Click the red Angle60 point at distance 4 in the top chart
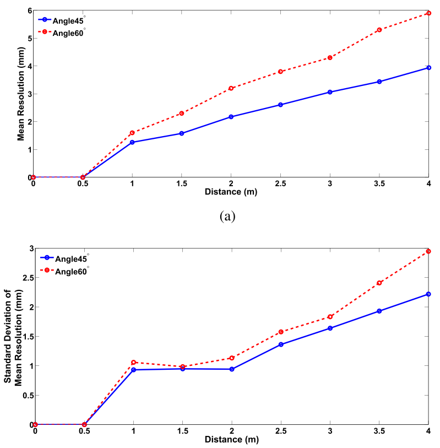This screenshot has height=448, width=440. (x=428, y=13)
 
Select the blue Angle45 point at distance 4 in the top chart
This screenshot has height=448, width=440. (x=428, y=68)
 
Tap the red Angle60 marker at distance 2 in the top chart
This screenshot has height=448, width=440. (x=231, y=88)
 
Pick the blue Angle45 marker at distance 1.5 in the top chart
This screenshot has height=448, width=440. (x=181, y=133)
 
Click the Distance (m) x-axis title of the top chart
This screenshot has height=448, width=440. (x=231, y=192)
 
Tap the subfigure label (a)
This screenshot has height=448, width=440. (x=227, y=216)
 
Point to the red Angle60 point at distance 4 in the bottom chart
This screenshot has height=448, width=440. (x=428, y=251)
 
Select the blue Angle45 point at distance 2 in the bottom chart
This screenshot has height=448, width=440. (x=232, y=369)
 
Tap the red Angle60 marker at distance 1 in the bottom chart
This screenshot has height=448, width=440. (x=133, y=362)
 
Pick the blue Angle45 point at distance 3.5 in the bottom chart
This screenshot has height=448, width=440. (x=379, y=311)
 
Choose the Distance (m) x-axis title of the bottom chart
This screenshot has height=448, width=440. (x=232, y=440)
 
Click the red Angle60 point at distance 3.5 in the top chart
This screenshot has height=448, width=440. (x=379, y=30)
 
